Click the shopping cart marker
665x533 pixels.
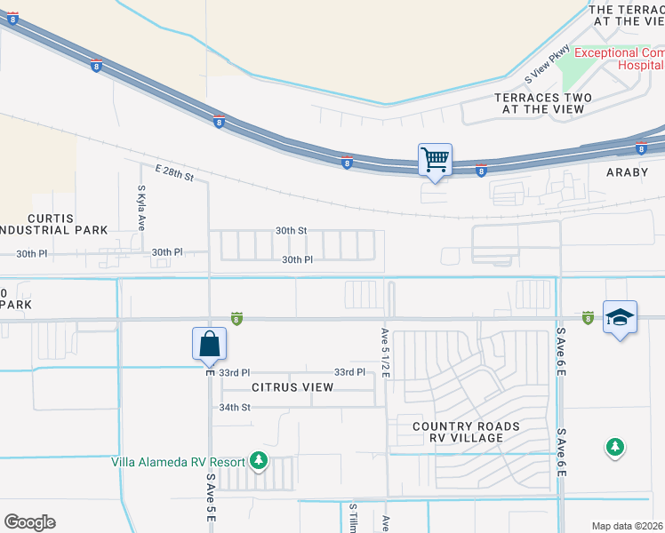435,161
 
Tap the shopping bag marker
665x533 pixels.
209,344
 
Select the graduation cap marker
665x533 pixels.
620,317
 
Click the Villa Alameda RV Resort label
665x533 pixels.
178,461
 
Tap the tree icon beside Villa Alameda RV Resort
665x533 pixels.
259,460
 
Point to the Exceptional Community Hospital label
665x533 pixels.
619,59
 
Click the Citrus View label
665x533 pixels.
292,387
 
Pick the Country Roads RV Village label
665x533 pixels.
466,433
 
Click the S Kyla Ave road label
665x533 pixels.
141,208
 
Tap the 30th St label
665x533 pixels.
291,230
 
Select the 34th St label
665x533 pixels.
236,407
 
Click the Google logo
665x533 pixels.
29,521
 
